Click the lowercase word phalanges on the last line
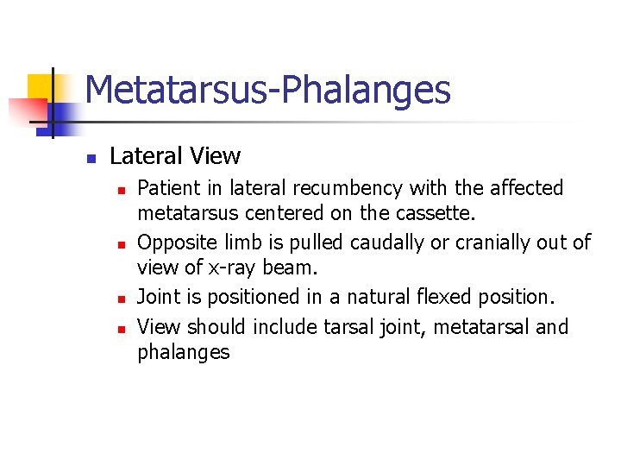tap(184, 351)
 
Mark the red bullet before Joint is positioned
tap(122, 299)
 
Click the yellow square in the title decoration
tap(41, 87)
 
